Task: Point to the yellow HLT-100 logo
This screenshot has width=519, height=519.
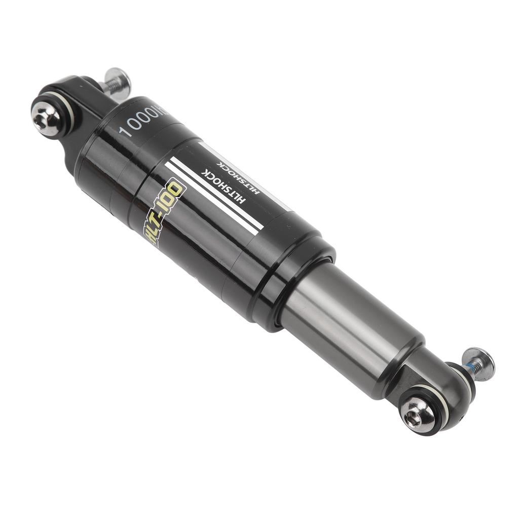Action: tap(166, 212)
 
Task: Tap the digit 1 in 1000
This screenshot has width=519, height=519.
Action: tap(123, 133)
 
